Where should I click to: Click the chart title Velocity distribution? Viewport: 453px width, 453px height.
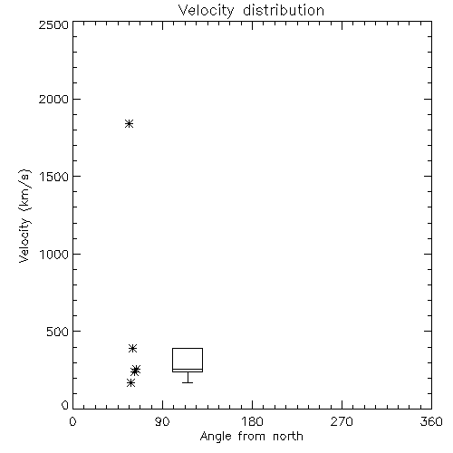coord(251,11)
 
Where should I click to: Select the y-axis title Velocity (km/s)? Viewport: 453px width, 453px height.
coord(24,216)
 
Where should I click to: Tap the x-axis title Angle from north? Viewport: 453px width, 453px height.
coord(251,437)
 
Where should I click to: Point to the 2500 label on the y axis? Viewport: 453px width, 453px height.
coord(53,24)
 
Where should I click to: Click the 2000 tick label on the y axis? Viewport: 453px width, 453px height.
coord(53,99)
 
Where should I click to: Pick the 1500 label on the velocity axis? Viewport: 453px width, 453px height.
coord(54,177)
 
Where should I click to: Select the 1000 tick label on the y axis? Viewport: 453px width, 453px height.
coord(54,254)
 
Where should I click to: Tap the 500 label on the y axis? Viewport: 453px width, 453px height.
coord(58,332)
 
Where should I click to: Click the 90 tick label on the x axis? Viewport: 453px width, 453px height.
coord(162,421)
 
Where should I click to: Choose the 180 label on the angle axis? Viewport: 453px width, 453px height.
coord(252,421)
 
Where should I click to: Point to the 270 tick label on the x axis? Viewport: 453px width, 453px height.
coord(342,421)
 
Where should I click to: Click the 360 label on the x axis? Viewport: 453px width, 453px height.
coord(431,421)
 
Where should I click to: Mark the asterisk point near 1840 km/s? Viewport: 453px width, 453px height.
coord(130,123)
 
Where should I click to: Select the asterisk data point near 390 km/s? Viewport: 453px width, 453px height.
coord(132,348)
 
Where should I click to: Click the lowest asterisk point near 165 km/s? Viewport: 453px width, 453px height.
coord(130,383)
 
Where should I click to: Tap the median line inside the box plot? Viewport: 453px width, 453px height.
coord(188,369)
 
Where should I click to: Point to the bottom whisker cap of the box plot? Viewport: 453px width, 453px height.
coord(188,382)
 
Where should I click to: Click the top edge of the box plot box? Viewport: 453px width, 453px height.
coord(188,349)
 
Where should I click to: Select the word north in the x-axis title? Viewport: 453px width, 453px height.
coord(288,437)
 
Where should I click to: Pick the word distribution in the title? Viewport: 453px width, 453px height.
coord(284,11)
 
